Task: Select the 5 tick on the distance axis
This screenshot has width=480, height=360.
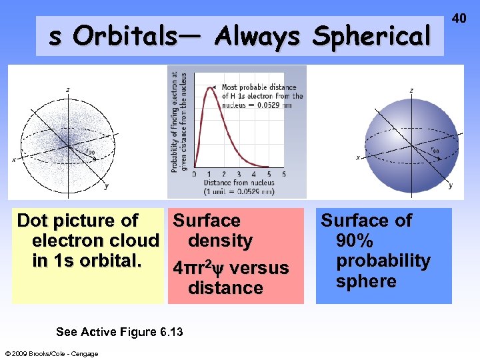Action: tap(285, 174)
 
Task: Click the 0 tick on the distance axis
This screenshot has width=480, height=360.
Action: tap(194, 174)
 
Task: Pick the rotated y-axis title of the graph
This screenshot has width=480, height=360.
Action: tap(178, 122)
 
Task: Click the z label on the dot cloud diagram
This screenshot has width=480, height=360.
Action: tap(67, 89)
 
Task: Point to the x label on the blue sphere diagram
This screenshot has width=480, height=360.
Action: tap(358, 158)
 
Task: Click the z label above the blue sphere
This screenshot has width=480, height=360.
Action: tap(411, 90)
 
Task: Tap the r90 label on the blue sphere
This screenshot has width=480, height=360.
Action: tap(435, 151)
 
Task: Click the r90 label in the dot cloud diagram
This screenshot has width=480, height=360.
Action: tap(90, 151)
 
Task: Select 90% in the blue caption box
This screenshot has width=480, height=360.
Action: tap(355, 241)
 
